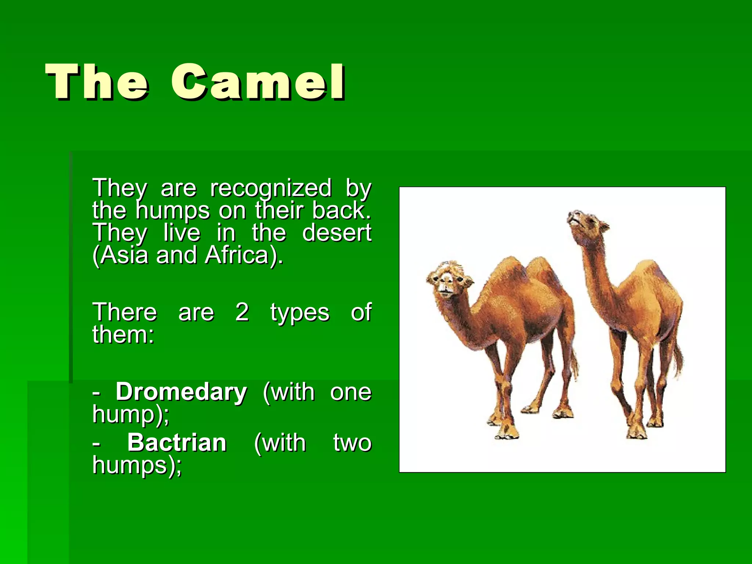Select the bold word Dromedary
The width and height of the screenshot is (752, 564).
pos(181,392)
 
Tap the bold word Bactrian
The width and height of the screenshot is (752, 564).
pos(177,442)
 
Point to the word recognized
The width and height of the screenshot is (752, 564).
pos(271,189)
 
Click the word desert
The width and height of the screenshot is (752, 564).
pos(336,233)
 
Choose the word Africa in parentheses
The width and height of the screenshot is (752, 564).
pos(238,255)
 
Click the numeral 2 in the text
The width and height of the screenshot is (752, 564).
pos(242,312)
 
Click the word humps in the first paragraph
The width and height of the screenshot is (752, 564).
pos(173,211)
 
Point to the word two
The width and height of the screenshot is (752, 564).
pos(352,443)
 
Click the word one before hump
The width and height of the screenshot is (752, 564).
pos(351,393)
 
